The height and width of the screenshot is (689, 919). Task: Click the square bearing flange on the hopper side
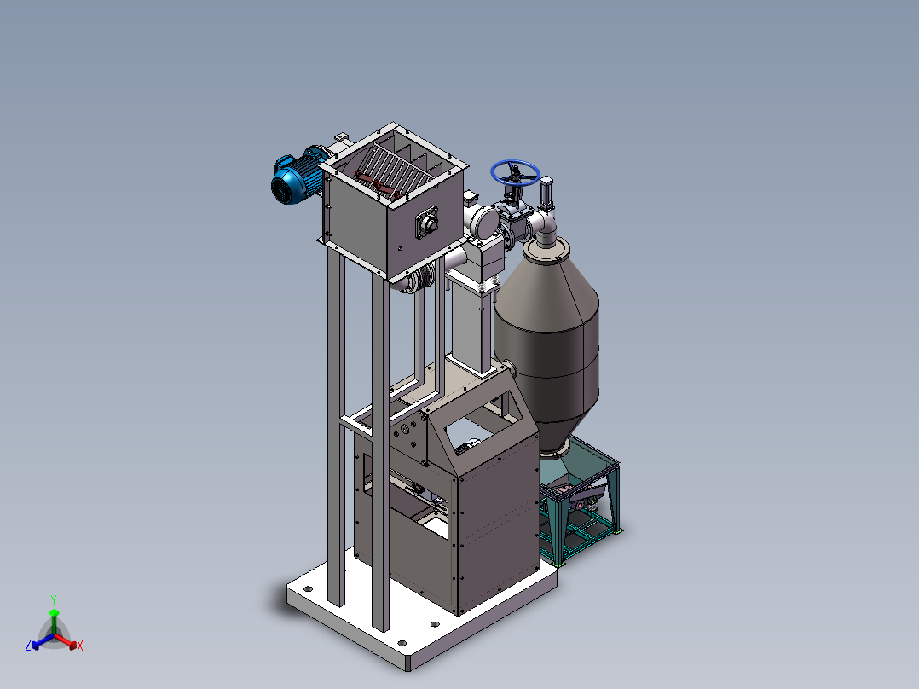pos(426,223)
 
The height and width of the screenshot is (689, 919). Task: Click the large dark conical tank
pos(546,346)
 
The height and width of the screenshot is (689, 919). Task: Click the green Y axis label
pos(54,599)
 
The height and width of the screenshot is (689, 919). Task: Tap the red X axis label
pos(80,646)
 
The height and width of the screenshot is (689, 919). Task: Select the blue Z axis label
pos(28,645)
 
